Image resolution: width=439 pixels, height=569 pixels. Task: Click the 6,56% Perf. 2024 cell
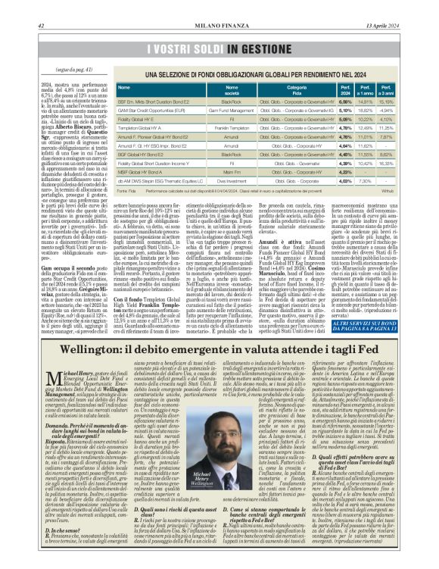coord(345,100)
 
